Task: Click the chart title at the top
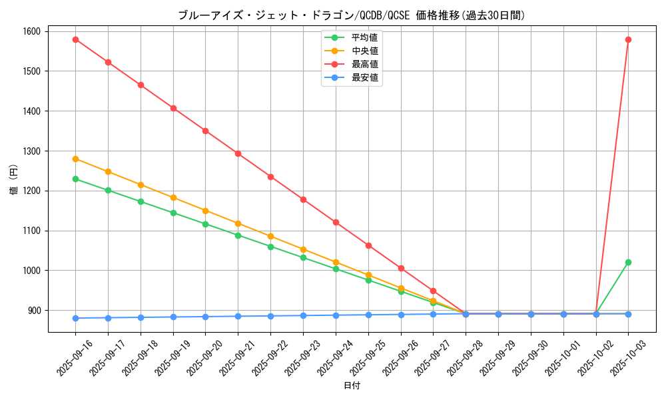[x=352, y=15]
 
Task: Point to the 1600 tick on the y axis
[x=30, y=31]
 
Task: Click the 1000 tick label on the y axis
[x=30, y=271]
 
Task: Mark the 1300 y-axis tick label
[x=30, y=151]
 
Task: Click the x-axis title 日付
[x=352, y=386]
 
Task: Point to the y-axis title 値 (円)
[x=13, y=181]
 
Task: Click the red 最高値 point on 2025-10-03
[x=628, y=39]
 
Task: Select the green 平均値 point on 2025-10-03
[x=628, y=262]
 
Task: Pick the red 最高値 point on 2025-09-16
[x=75, y=39]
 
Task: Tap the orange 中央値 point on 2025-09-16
[x=75, y=159]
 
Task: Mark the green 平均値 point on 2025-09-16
[x=75, y=179]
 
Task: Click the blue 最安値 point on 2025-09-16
[x=75, y=318]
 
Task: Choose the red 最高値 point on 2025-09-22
[x=270, y=177]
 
